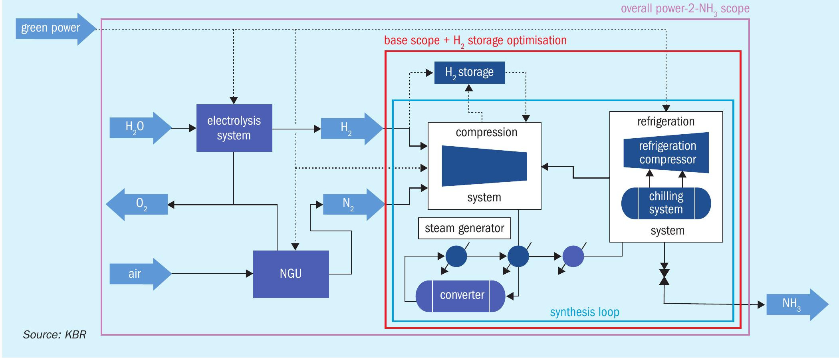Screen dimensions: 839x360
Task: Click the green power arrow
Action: (x=56, y=29)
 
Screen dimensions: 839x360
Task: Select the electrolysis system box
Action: (x=234, y=128)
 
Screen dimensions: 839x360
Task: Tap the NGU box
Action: (x=291, y=274)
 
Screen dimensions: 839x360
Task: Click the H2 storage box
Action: (x=470, y=72)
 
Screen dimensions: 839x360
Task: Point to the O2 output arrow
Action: (x=137, y=204)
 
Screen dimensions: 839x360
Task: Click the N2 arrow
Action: (x=354, y=204)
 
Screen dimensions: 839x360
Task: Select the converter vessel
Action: (x=460, y=296)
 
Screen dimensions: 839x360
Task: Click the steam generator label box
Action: (x=464, y=228)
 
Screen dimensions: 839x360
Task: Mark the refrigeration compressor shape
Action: (x=666, y=153)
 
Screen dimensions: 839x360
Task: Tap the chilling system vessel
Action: (x=666, y=203)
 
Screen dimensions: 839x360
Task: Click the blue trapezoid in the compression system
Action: (x=484, y=166)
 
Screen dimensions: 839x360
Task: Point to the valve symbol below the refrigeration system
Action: (x=664, y=274)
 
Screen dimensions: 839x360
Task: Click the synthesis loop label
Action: (x=585, y=312)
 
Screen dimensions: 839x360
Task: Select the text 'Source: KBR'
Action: (x=55, y=334)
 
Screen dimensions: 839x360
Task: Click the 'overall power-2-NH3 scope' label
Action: (x=685, y=9)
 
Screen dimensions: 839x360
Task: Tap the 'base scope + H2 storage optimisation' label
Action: (x=475, y=41)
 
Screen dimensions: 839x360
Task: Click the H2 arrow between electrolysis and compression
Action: (x=352, y=128)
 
